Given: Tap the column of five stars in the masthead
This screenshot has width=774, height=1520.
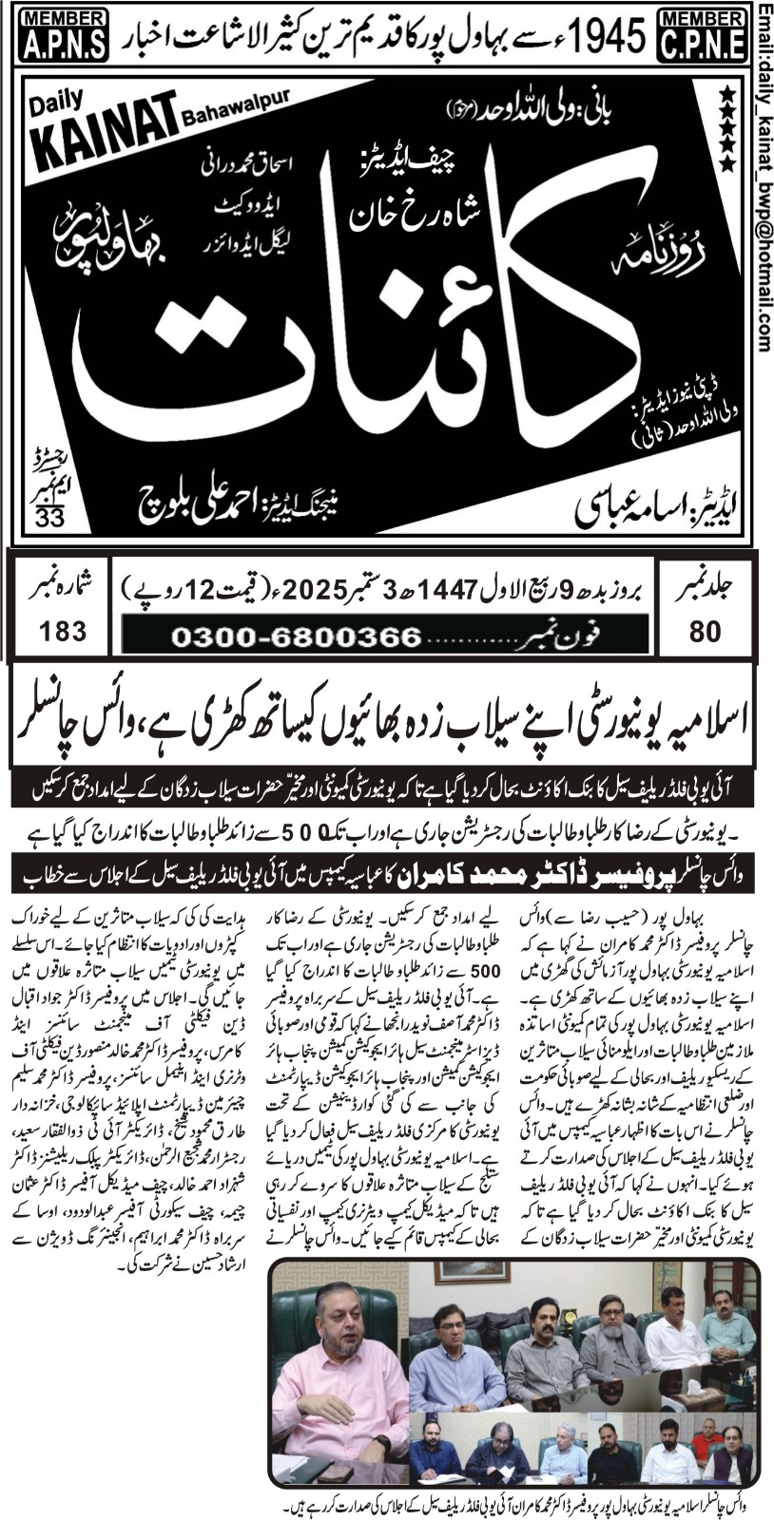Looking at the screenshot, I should click(x=727, y=127).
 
